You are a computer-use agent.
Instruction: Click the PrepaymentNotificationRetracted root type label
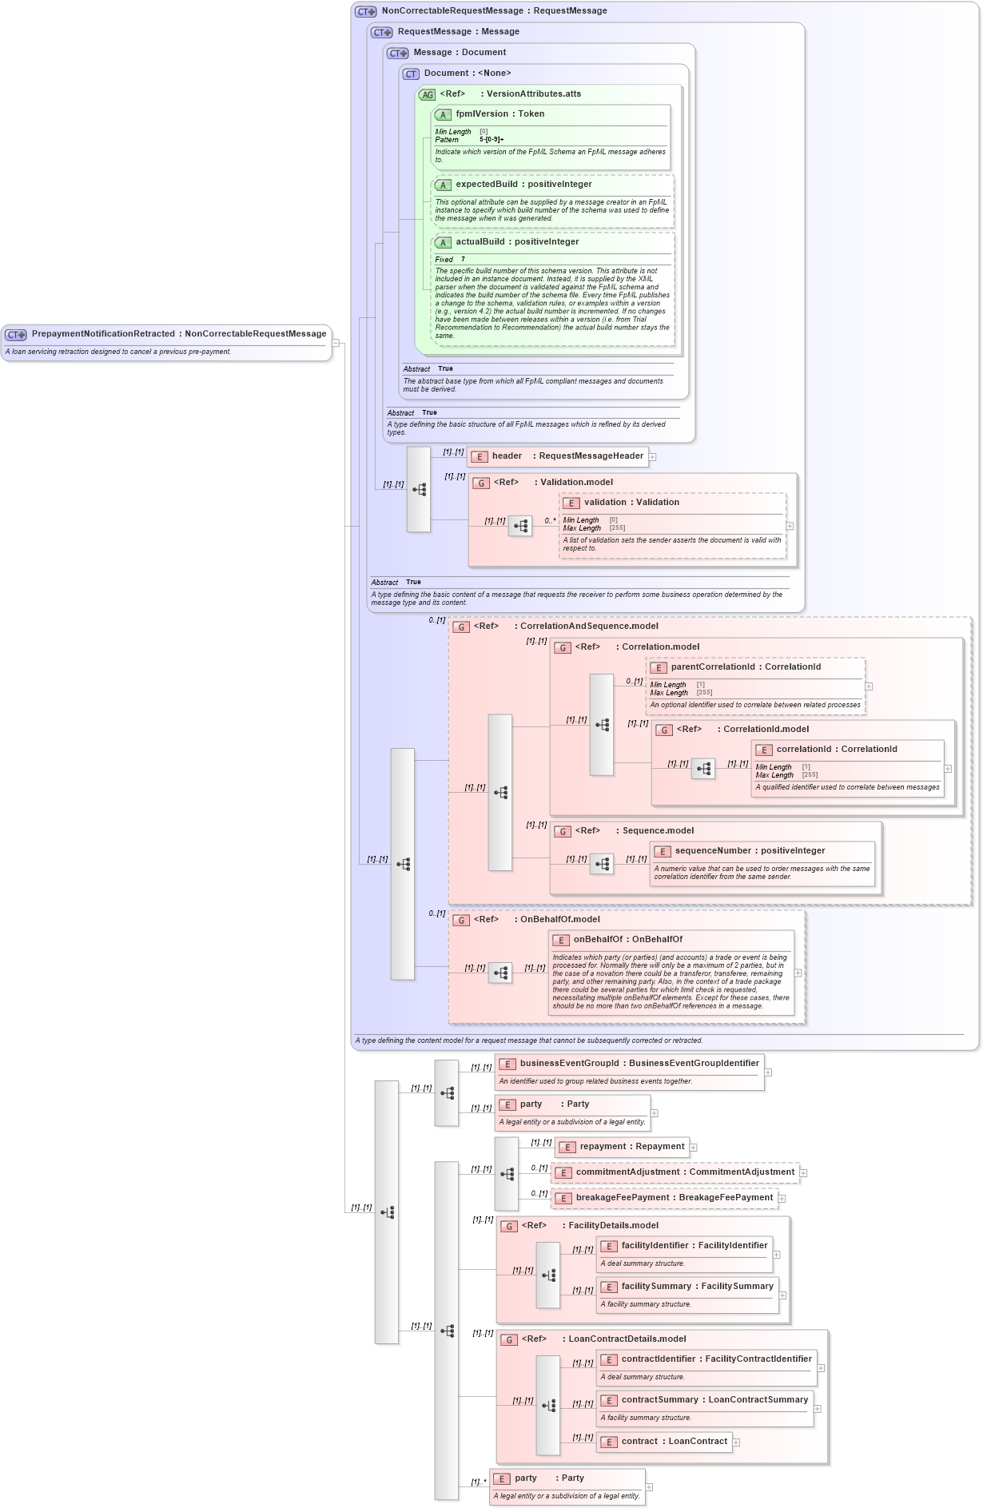coord(178,334)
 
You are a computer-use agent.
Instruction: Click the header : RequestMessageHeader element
coord(567,456)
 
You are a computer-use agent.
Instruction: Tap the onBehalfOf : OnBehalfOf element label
coord(627,940)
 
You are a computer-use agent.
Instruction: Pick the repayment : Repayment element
coord(631,1147)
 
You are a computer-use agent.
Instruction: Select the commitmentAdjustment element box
coord(684,1172)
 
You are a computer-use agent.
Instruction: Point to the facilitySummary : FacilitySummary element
coord(697,1287)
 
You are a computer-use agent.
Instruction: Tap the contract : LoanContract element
coord(674,1442)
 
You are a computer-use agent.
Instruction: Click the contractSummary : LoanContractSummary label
coord(714,1400)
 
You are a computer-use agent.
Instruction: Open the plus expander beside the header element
coord(653,457)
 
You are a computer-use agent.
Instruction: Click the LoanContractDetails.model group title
coord(627,1339)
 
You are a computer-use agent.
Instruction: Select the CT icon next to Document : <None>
coord(411,74)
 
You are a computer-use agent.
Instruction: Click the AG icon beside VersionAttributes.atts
coord(428,95)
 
